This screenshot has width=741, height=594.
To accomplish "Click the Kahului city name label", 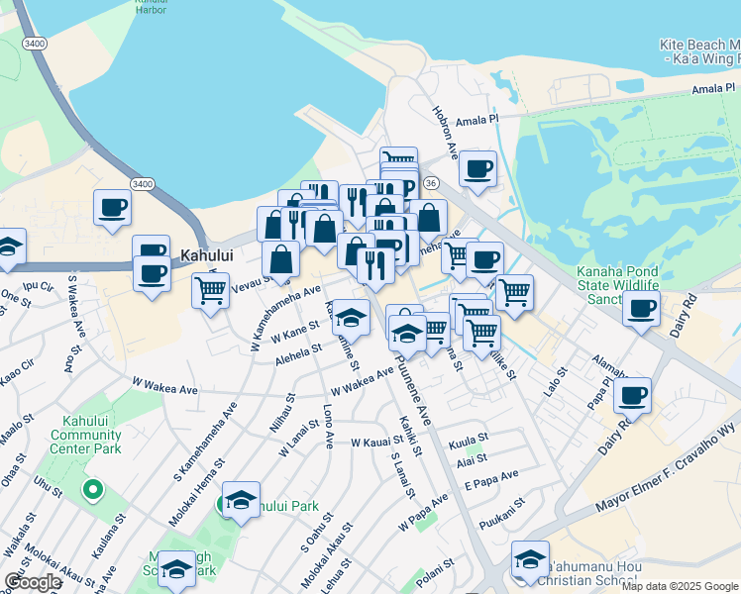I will point(206,254).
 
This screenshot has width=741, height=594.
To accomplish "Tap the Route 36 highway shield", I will point(430,183).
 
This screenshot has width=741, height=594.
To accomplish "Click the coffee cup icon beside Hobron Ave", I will point(477,168).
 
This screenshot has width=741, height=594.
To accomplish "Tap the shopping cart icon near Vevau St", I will point(210,291).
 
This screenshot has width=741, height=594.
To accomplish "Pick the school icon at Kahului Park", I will point(241,500).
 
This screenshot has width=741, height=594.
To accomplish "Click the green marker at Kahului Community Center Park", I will point(92,488).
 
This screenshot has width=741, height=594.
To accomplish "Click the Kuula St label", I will point(469,437).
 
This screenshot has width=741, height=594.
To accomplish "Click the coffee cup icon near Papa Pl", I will point(632,395).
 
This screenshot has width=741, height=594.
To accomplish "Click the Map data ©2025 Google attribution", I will point(680,586).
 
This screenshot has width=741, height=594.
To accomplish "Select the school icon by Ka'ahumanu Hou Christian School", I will point(530,559).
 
